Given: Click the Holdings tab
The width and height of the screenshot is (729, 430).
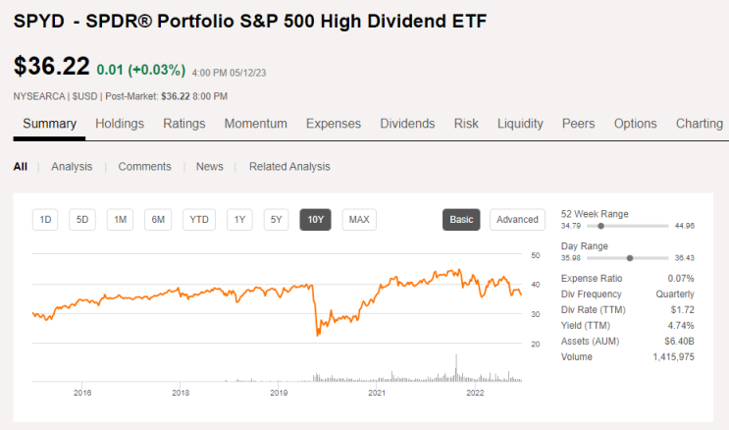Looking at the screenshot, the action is pos(120,124).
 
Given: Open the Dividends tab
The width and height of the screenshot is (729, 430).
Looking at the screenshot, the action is pos(407,124).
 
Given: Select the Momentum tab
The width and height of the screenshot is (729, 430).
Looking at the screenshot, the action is pos(256,124).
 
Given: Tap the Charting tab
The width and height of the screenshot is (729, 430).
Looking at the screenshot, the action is pos(700,124).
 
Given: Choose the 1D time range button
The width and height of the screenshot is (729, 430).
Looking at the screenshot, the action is pos(45,220).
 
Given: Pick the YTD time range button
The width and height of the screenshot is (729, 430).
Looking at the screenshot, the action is pos(199,220).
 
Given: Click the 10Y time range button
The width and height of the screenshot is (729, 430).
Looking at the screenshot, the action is pos(315,220).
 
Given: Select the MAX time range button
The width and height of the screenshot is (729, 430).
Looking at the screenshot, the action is pos(359,220).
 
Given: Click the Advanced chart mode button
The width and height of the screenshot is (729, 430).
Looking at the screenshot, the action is pos(517,220).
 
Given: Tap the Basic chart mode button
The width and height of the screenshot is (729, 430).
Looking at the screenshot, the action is pos(461,220).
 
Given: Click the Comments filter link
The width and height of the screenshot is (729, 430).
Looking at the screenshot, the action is pos(144,167).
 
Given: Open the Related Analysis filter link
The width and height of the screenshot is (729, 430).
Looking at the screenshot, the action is pos(289,167).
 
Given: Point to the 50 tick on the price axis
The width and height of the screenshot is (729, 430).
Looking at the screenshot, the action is pos(536,255).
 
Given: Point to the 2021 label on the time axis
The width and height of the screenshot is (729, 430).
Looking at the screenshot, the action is pos(377,393).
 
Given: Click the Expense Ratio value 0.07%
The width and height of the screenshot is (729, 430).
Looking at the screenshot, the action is pos(681,278).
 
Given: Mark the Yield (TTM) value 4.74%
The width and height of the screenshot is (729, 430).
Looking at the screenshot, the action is pos(681,325).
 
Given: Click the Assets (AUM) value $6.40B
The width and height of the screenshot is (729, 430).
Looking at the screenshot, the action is pos(679,341).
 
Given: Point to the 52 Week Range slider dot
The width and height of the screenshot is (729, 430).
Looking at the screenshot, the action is pos(600,226).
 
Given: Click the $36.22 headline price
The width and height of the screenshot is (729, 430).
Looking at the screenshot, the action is pos(52,66).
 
